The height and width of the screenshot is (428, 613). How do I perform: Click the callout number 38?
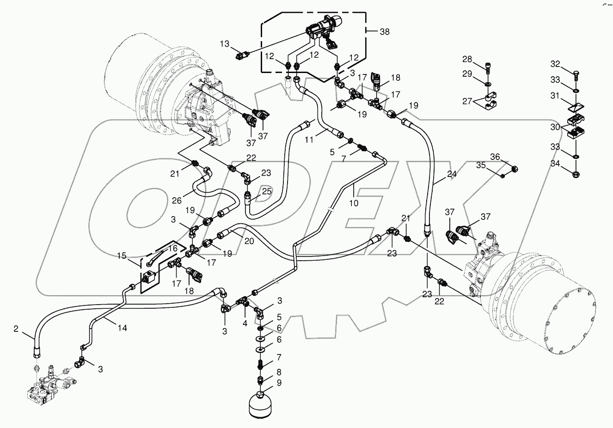coord(384,32)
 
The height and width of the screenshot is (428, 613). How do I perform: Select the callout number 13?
coord(224,44)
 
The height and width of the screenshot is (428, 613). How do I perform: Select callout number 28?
coord(467,59)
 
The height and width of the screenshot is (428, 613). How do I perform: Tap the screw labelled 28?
coord(489,68)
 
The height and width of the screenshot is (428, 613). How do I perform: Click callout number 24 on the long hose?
coord(452,175)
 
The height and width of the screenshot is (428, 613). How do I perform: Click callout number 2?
coord(16,329)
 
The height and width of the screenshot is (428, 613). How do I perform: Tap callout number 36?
coord(495,157)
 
